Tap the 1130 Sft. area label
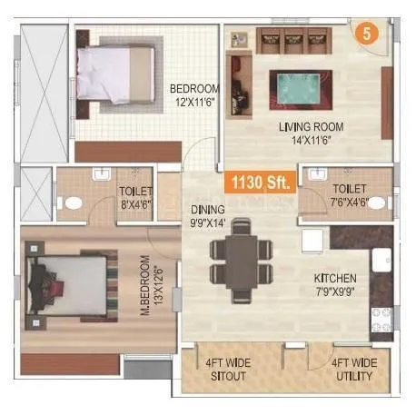pyautogui.click(x=259, y=182)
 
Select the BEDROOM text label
pyautogui.click(x=194, y=88)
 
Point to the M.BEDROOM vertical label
pyautogui.click(x=144, y=291)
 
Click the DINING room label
pyautogui.click(x=208, y=209)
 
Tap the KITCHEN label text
pyautogui.click(x=335, y=277)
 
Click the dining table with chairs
pyautogui.click(x=240, y=261)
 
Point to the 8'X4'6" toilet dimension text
pyautogui.click(x=136, y=204)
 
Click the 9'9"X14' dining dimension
pyautogui.click(x=208, y=222)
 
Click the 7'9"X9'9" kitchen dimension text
pyautogui.click(x=335, y=291)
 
